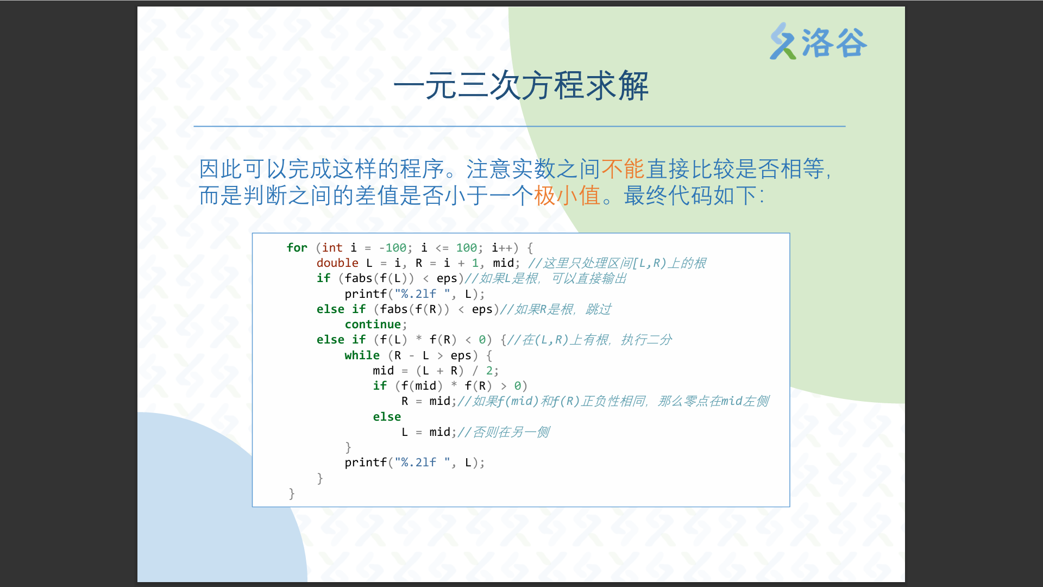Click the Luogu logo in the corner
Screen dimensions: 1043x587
[818, 41]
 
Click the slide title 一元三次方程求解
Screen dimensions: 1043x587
[521, 86]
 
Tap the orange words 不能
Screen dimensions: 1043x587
[623, 169]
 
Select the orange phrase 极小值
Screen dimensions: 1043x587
[567, 196]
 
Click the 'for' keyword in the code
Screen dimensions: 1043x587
[297, 248]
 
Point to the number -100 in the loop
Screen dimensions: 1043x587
[393, 248]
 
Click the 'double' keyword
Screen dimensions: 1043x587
[337, 263]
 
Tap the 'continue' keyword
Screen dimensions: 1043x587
[373, 324]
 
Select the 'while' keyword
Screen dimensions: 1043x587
[362, 355]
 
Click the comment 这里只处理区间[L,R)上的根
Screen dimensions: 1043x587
[617, 263]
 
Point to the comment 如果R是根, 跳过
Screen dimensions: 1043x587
[555, 309]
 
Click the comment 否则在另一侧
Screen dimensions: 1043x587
[504, 432]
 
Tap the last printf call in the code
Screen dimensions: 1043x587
[414, 463]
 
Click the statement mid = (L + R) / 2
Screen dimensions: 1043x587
[436, 371]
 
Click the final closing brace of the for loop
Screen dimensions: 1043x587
[292, 494]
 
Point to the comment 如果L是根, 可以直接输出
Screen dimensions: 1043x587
[546, 278]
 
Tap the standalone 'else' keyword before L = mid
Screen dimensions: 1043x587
[387, 417]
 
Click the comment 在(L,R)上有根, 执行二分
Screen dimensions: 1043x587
[589, 340]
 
